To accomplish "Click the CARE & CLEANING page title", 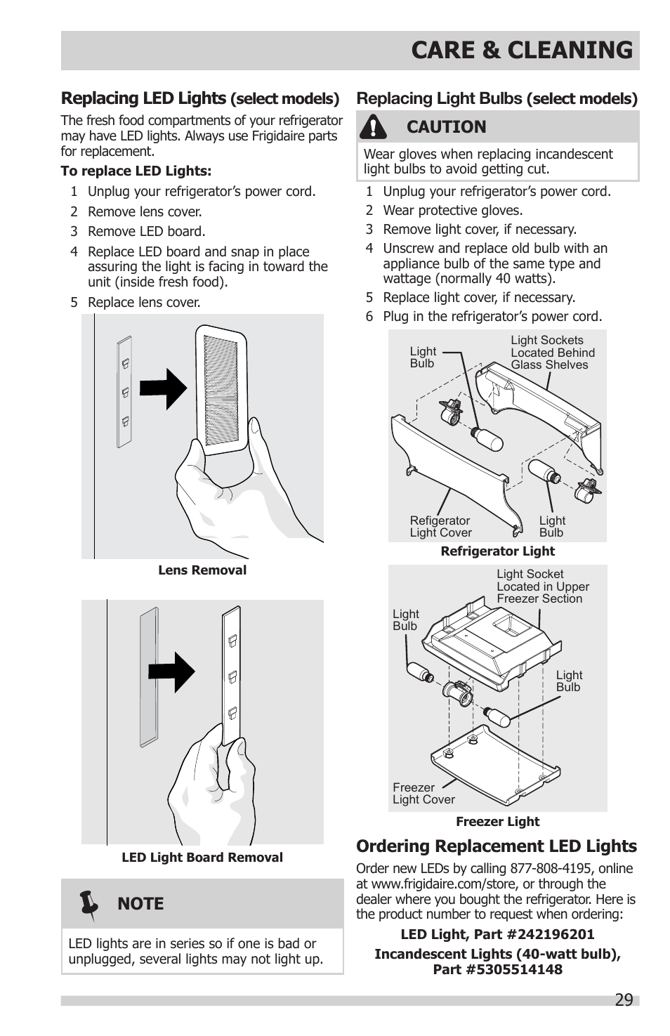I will pyautogui.click(x=521, y=50).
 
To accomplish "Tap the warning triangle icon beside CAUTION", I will pyautogui.click(x=374, y=127).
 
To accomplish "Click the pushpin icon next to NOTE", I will pyautogui.click(x=89, y=904).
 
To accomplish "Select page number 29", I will pyautogui.click(x=623, y=999).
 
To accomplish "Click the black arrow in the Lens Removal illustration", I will pyautogui.click(x=163, y=388).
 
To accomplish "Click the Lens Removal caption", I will pyautogui.click(x=202, y=570).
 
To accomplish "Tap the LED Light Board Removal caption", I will pyautogui.click(x=202, y=857).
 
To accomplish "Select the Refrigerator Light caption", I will pyautogui.click(x=497, y=551).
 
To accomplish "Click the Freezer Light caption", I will pyautogui.click(x=497, y=821).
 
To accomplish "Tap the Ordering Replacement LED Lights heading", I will pyautogui.click(x=496, y=846).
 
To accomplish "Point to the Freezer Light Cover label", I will pyautogui.click(x=423, y=794).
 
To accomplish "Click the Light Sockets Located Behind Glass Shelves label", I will pyautogui.click(x=552, y=353).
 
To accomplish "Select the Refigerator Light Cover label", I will pyautogui.click(x=440, y=527).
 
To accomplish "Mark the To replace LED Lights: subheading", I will pyautogui.click(x=136, y=171).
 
